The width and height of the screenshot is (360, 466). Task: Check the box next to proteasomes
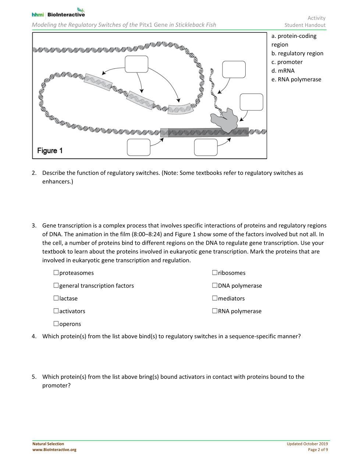point(56,273)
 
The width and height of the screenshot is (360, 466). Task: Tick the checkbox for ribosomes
point(215,273)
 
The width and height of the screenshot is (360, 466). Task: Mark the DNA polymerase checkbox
point(215,285)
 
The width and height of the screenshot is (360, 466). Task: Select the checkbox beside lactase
point(56,298)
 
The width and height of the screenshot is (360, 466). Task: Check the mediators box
point(215,298)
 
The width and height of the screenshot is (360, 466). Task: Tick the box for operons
point(56,324)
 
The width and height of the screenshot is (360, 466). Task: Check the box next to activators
point(56,311)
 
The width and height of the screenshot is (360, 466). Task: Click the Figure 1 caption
point(50,151)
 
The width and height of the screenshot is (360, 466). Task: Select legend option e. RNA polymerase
point(296,80)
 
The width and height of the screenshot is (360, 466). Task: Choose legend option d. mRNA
point(283,71)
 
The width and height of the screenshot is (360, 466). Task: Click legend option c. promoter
point(287,62)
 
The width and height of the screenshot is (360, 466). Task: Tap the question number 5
point(34,377)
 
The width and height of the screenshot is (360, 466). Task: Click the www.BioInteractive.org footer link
point(54,449)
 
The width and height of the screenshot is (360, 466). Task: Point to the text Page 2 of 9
point(318,449)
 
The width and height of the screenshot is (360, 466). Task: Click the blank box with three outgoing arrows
point(136,64)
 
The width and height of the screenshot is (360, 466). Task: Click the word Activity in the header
point(316,18)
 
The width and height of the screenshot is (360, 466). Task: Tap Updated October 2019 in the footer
point(307,444)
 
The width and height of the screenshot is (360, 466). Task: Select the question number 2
point(34,173)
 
